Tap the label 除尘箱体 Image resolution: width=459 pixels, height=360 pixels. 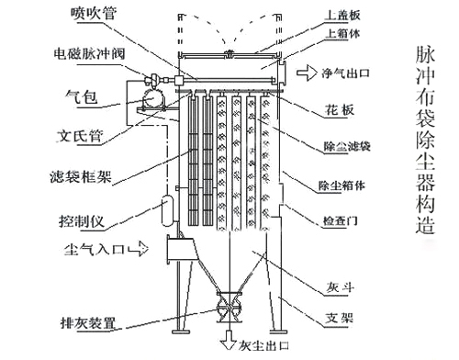pos(341,184)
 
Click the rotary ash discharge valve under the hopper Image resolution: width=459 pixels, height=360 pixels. pos(225,306)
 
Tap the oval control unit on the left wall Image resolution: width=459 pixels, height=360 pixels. pos(166,209)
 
